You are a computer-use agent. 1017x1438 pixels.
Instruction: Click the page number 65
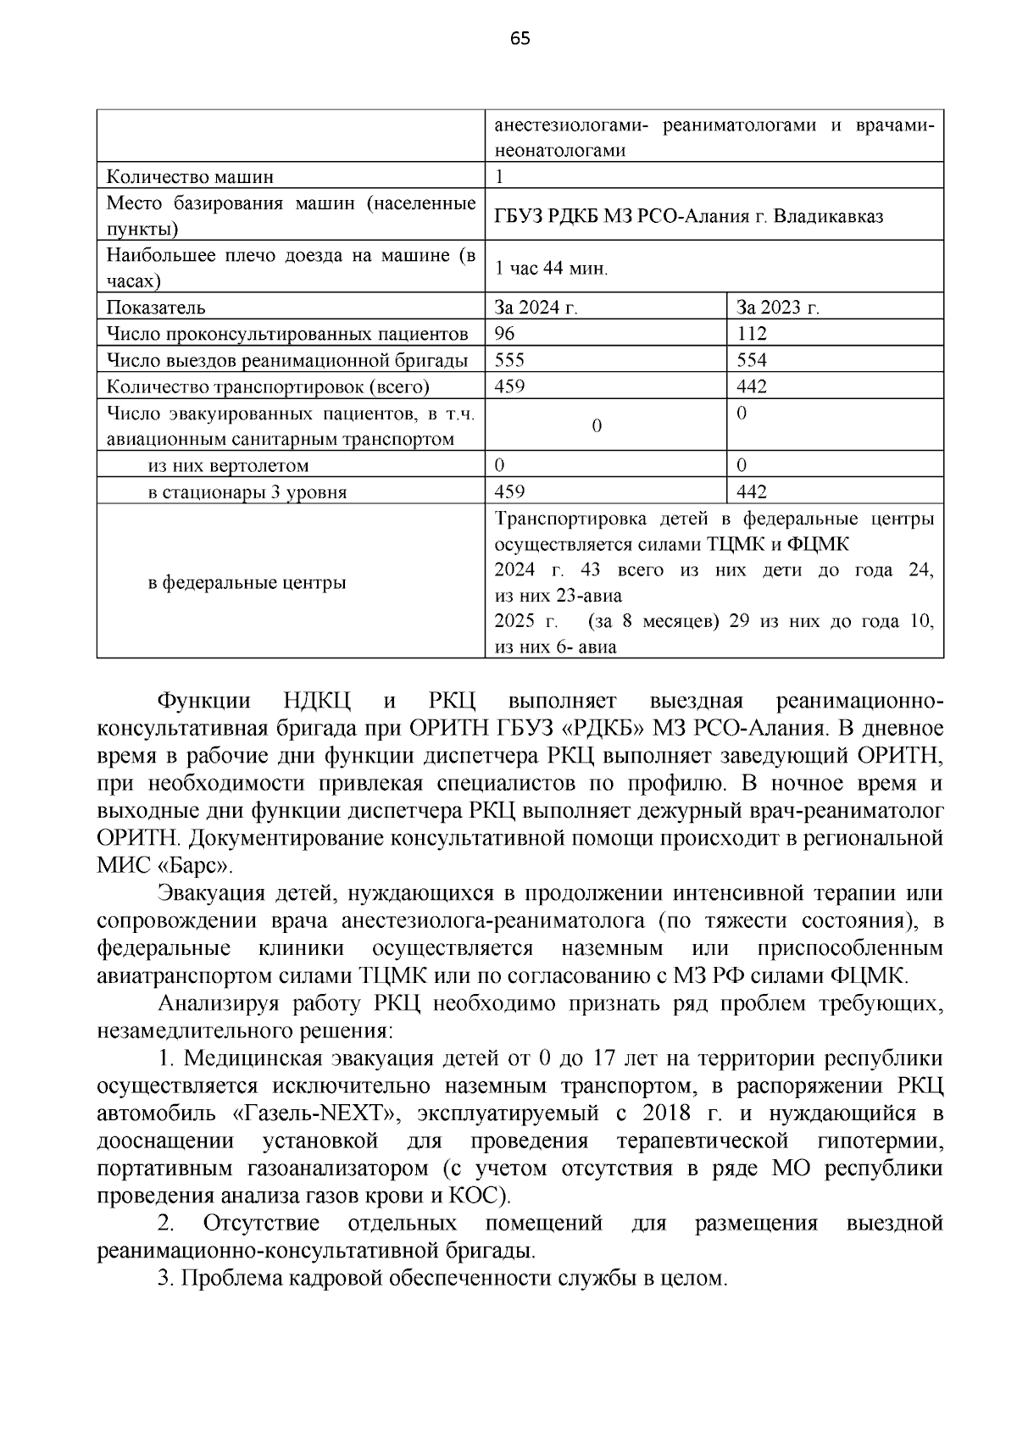tap(520, 38)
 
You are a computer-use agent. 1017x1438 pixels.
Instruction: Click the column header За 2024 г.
tap(536, 308)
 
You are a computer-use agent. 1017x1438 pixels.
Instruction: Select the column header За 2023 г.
tap(777, 308)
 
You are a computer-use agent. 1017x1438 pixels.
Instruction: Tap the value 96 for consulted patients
tap(504, 334)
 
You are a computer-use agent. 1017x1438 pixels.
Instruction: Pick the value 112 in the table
tap(752, 334)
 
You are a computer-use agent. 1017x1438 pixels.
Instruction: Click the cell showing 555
tap(509, 360)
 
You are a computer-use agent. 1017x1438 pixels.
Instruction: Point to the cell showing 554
tap(752, 360)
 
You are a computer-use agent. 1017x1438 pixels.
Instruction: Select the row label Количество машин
tap(190, 177)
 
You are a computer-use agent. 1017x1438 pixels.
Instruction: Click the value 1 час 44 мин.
tap(551, 269)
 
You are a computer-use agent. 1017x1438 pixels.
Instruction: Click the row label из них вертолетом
tap(228, 466)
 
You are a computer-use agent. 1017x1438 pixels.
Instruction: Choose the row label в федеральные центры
tap(247, 583)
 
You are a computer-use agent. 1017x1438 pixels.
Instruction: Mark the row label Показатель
tap(156, 308)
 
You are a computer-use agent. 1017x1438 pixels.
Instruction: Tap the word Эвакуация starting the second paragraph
tap(210, 893)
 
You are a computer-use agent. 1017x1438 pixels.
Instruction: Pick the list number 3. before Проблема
tap(165, 1279)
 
